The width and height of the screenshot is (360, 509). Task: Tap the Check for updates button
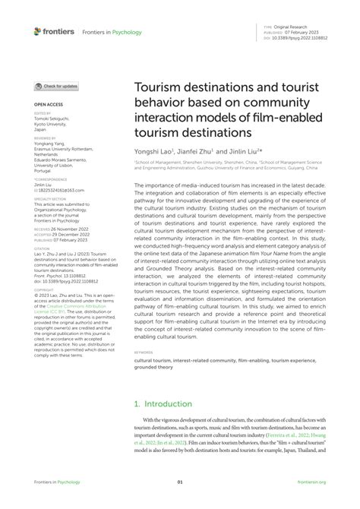point(57,87)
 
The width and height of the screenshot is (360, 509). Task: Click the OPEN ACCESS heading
point(47,103)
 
